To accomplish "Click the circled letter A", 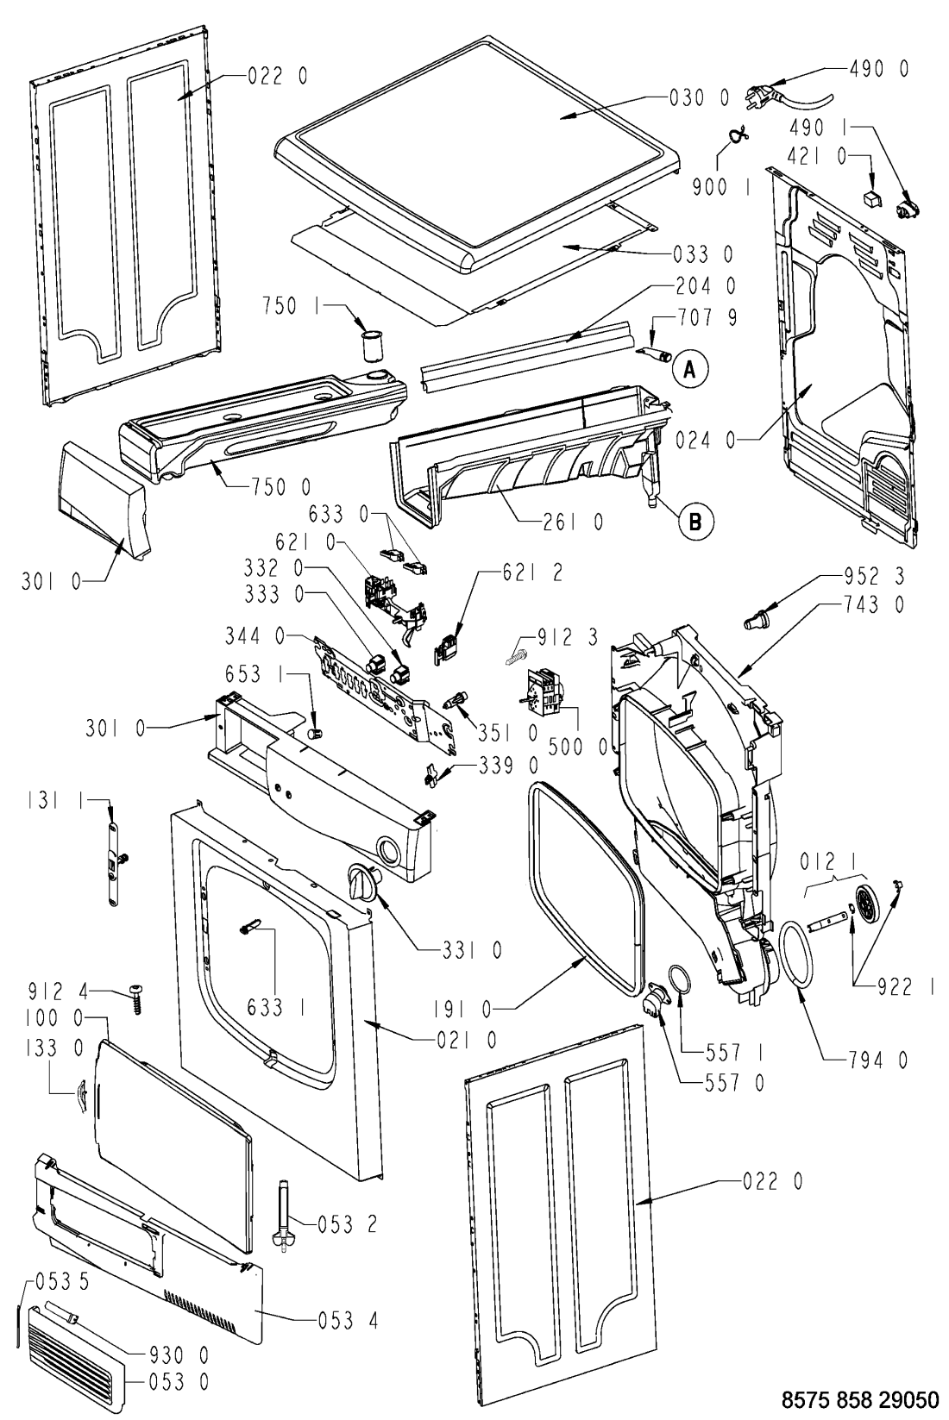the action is tap(690, 368).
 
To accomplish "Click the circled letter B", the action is tap(695, 521).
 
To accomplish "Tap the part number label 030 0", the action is tap(699, 98).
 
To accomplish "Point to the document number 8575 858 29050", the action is tap(859, 1398).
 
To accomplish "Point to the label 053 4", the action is tap(348, 1321).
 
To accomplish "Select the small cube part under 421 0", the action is tap(874, 194).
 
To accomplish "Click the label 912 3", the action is tap(569, 636).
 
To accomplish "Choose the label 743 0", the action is tap(874, 605).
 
